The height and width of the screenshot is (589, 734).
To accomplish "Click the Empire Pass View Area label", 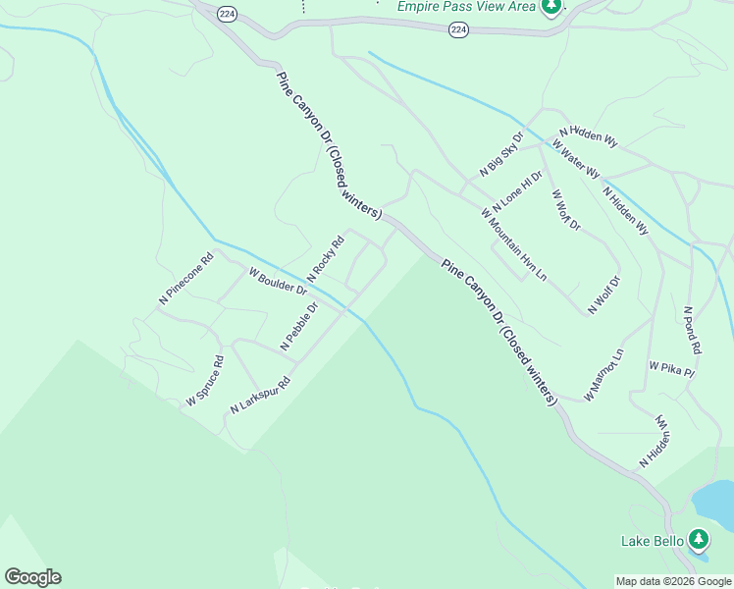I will pos(466,7).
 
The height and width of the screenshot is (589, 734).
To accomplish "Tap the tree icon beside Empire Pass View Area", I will pos(551,7).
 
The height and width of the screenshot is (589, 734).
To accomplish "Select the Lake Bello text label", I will pos(651,540).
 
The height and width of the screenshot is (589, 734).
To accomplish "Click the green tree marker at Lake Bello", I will pos(698,539).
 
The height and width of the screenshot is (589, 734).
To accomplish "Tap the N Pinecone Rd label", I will pos(186,280).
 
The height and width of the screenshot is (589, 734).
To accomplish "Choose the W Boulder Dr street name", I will pos(278,282).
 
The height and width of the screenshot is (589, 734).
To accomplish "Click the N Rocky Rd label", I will pos(327,258).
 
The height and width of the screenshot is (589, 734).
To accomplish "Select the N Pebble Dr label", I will pos(299,326).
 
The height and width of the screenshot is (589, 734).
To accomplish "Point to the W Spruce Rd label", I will pos(205,381).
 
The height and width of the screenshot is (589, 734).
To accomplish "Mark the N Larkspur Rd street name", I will pos(261,395).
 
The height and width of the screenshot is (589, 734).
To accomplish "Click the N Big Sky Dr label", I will pos(502,153).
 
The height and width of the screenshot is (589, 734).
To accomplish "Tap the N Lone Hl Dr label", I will pos(517,191).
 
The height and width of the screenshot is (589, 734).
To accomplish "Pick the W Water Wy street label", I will pos(576,158).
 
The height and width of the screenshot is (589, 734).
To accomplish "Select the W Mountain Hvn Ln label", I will pos(513,243).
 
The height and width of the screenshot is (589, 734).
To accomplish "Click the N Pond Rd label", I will pos(693,329).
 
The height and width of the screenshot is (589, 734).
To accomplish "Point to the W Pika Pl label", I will pos(671,369).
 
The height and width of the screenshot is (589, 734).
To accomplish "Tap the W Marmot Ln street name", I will pos(604,374).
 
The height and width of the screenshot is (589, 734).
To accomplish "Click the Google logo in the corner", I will pos(32,577).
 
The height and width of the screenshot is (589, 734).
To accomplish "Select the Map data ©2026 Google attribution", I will pos(673,581).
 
